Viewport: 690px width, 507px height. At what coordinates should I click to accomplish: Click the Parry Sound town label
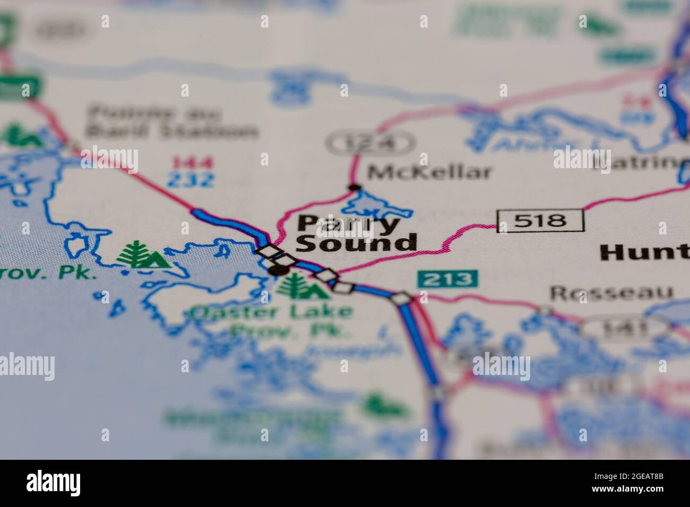pyautogui.click(x=356, y=233)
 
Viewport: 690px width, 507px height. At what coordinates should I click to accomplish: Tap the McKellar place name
pyautogui.click(x=430, y=172)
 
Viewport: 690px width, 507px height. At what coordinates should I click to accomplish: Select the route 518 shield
pyautogui.click(x=540, y=220)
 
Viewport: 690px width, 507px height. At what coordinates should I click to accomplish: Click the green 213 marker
pyautogui.click(x=447, y=278)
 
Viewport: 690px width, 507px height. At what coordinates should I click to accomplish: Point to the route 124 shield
pyautogui.click(x=369, y=143)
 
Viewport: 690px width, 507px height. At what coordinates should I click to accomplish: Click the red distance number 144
pyautogui.click(x=191, y=162)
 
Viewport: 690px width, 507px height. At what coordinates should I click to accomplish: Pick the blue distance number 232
pyautogui.click(x=191, y=180)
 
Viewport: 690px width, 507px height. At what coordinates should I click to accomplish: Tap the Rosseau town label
pyautogui.click(x=610, y=292)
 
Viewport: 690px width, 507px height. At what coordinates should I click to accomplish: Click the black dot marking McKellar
pyautogui.click(x=353, y=187)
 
